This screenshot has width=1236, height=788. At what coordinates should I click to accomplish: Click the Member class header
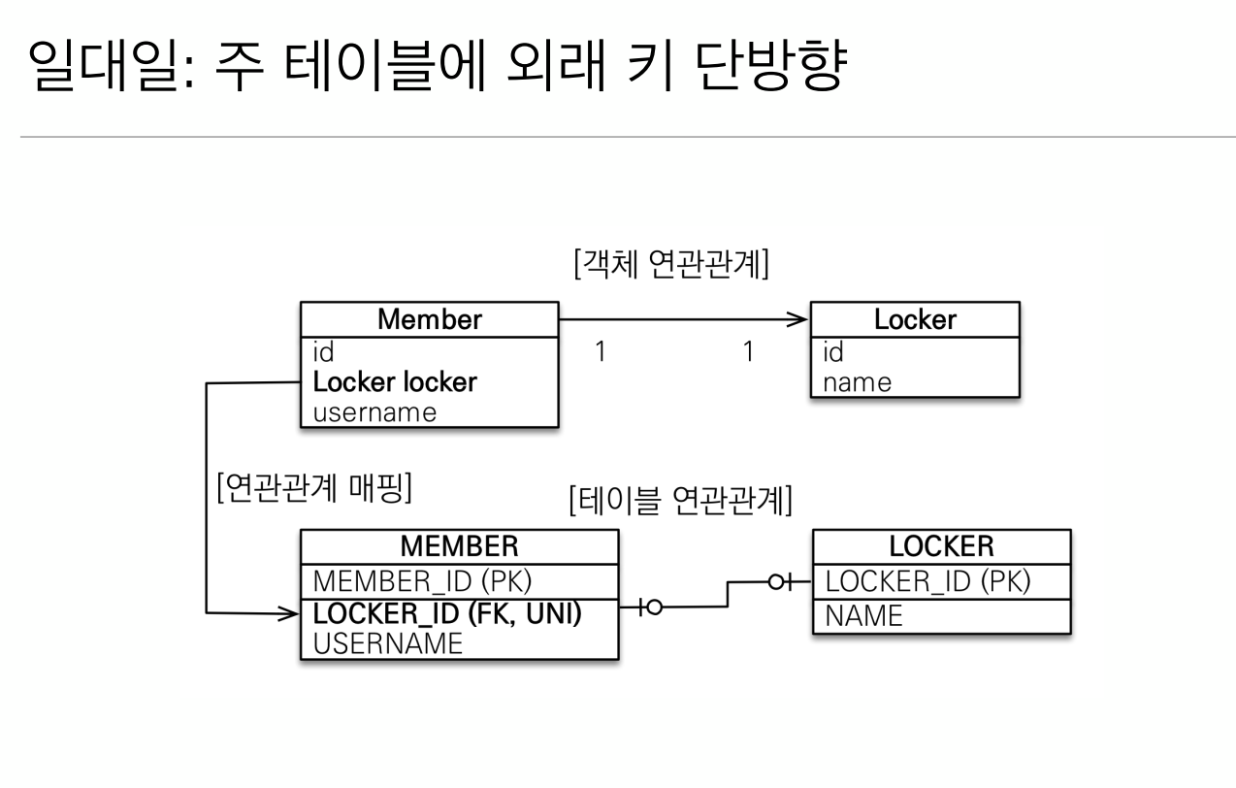click(429, 319)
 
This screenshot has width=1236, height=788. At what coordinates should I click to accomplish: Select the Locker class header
click(915, 319)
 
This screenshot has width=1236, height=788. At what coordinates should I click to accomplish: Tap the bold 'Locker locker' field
click(395, 382)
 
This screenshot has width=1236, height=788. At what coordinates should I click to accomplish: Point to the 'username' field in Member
click(374, 412)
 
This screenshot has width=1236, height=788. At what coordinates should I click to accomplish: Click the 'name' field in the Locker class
click(857, 382)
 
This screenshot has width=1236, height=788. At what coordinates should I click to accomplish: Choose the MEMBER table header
click(459, 548)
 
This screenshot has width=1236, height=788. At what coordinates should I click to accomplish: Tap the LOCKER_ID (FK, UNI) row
click(448, 613)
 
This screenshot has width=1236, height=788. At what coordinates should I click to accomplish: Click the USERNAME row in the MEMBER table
click(387, 642)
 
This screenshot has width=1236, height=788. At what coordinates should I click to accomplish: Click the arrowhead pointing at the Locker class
click(797, 319)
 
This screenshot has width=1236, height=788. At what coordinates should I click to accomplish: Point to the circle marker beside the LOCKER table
click(776, 582)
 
